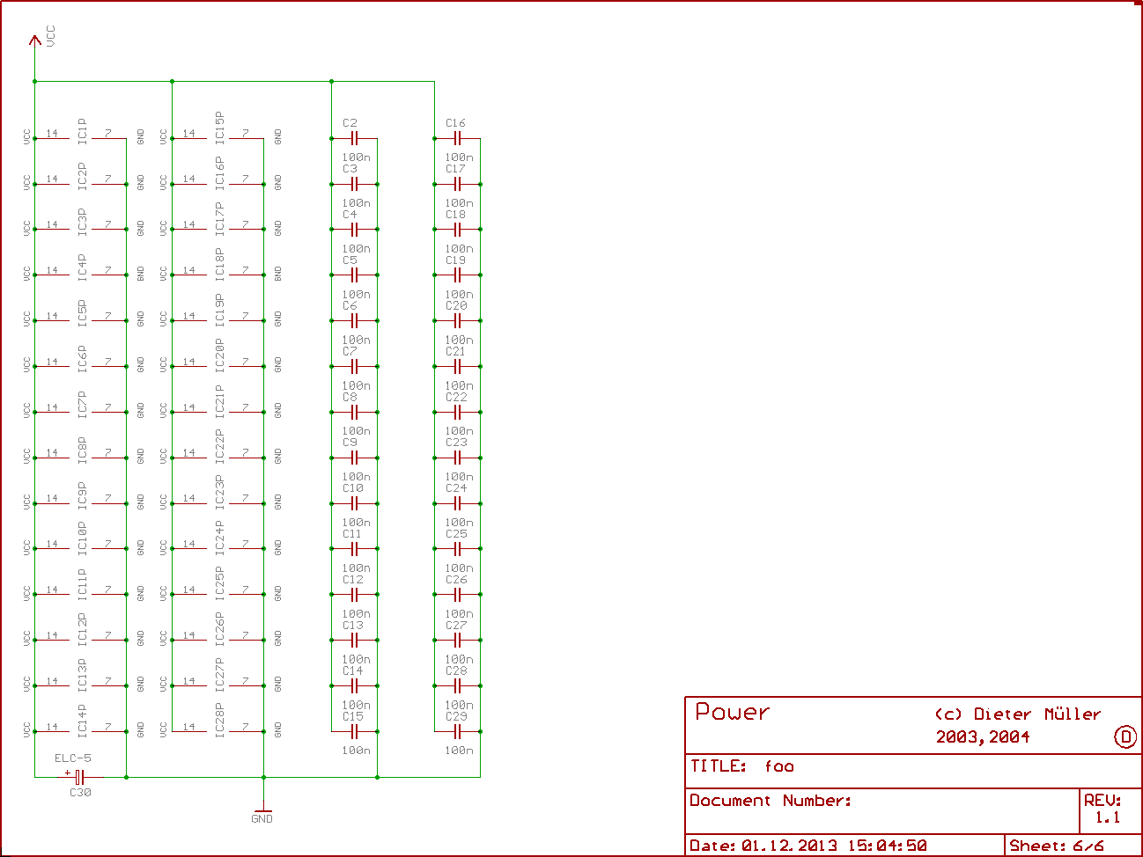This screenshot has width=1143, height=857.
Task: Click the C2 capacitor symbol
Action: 354,138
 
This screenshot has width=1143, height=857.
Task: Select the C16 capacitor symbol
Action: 457,138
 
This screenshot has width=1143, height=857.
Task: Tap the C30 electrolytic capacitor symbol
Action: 79,777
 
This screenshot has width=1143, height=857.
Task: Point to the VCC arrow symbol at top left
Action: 35,40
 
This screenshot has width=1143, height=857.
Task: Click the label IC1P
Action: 82,131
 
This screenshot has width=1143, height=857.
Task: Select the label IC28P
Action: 219,719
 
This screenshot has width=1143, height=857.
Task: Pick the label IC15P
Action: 219,126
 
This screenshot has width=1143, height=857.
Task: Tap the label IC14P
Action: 82,721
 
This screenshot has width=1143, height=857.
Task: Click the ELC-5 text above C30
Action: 73,758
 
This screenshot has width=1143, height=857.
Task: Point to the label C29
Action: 456,716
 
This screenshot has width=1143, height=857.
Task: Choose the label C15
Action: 353,716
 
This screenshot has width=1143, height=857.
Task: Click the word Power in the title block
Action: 732,712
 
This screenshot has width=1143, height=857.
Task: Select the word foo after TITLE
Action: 779,766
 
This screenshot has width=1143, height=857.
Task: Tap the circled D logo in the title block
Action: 1125,737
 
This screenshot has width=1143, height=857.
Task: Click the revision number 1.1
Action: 1108,817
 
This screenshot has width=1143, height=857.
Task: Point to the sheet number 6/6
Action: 1088,846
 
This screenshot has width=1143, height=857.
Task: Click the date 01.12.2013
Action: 790,846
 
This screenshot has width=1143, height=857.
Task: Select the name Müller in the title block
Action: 1073,714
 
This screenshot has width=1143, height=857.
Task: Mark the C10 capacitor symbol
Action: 354,503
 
